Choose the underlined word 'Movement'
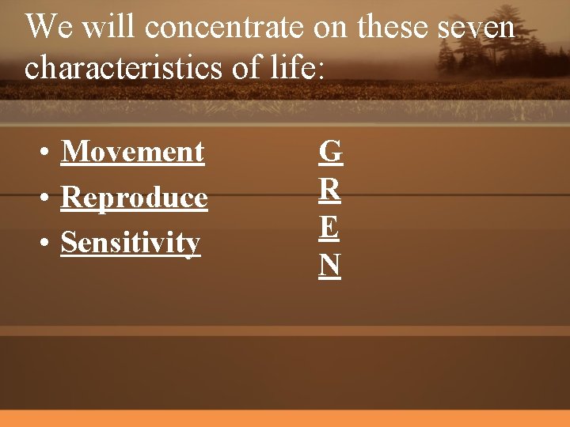[132, 151]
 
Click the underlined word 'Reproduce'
[134, 198]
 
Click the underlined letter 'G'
[330, 151]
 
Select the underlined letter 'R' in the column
[330, 190]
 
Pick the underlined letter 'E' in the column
[330, 228]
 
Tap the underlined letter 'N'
[330, 266]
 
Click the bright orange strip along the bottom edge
[285, 418]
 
